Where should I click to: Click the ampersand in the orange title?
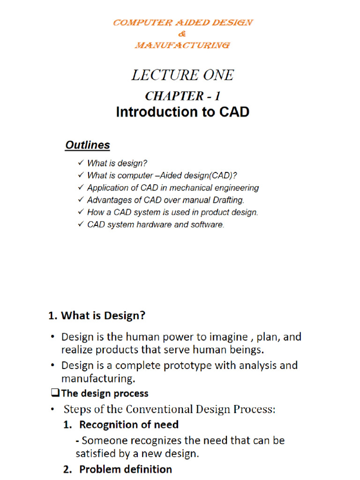[182, 34]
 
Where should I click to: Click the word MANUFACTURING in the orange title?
[182, 45]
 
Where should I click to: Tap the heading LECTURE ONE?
[182, 75]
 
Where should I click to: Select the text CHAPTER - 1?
[182, 96]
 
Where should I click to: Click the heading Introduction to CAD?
[182, 112]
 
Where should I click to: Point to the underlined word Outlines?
[88, 145]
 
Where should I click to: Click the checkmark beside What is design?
[80, 163]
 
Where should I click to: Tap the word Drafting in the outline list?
[228, 200]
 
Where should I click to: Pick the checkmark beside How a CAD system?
[80, 212]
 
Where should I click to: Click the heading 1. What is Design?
[97, 316]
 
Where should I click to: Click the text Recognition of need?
[129, 425]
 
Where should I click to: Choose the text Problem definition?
[125, 469]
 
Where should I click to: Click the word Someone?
[102, 441]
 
